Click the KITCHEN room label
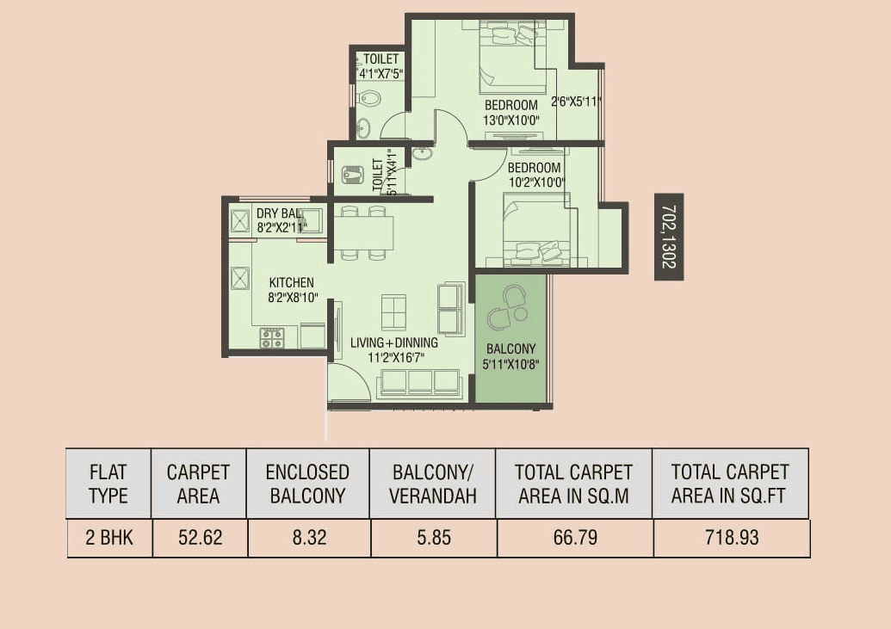click(291, 282)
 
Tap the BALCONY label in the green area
click(510, 349)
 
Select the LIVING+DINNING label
click(394, 342)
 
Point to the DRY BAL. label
click(279, 213)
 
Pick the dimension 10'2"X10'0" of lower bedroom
click(535, 182)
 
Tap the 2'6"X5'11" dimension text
click(576, 102)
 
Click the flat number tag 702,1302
click(669, 237)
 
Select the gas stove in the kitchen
click(272, 337)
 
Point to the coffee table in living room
click(393, 311)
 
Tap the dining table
click(362, 232)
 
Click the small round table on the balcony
click(520, 315)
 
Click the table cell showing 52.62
click(200, 538)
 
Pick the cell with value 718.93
click(731, 538)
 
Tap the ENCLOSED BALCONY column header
click(307, 484)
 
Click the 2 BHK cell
click(108, 538)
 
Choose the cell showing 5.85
click(432, 538)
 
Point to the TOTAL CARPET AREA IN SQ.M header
click(573, 484)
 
